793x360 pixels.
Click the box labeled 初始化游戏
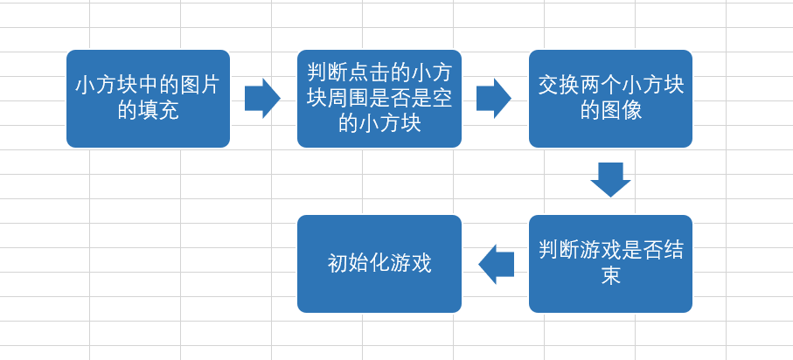click(x=379, y=264)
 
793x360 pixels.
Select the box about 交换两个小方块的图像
click(x=610, y=99)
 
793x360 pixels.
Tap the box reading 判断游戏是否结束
click(x=610, y=264)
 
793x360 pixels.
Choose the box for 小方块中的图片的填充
click(x=148, y=99)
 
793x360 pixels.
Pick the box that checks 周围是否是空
click(x=379, y=99)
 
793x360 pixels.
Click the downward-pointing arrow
click(x=610, y=179)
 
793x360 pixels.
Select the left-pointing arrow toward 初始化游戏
click(x=496, y=264)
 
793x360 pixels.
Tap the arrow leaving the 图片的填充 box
click(x=262, y=98)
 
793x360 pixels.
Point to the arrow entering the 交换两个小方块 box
click(x=494, y=98)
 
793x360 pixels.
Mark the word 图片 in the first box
click(x=199, y=86)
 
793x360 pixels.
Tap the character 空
click(x=442, y=98)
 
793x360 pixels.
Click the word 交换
click(x=559, y=86)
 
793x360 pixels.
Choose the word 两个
click(x=601, y=86)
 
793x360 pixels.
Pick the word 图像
click(x=621, y=111)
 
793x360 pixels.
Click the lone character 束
click(x=610, y=276)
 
